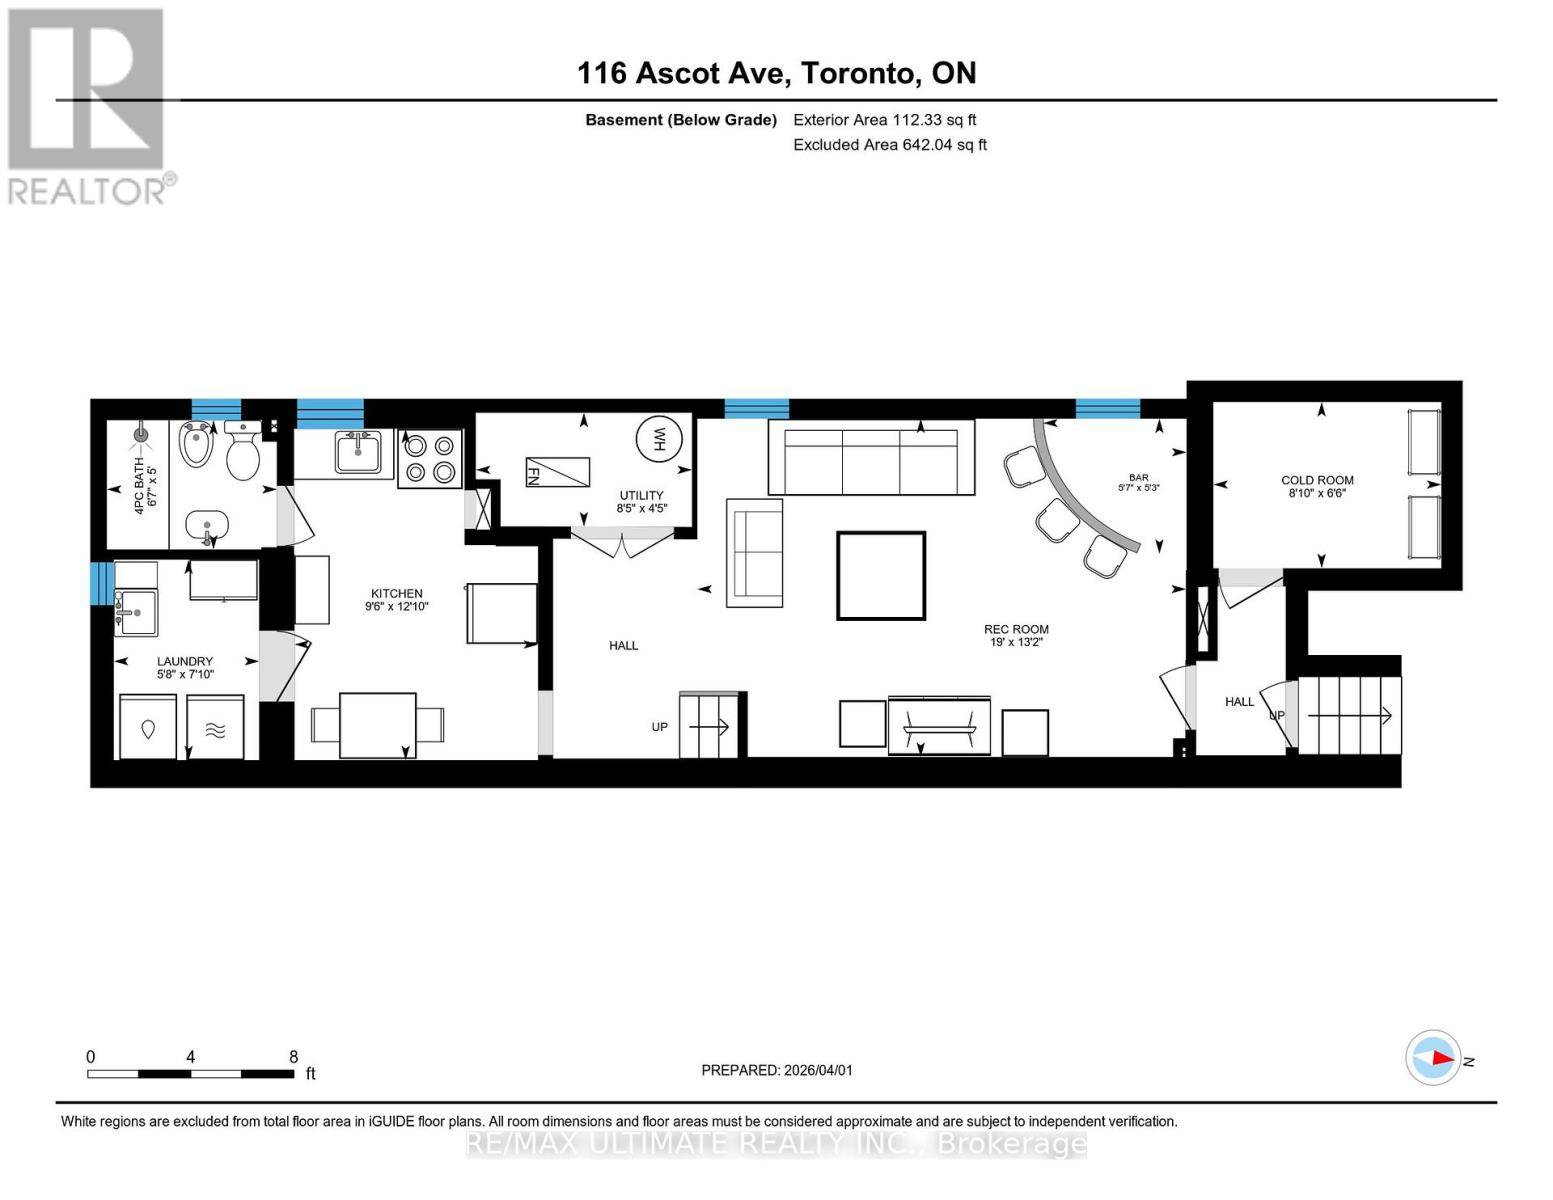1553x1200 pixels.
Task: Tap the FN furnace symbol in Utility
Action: pyautogui.click(x=557, y=471)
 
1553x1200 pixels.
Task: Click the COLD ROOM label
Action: pyautogui.click(x=1317, y=481)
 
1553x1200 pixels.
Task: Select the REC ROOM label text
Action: pyautogui.click(x=1016, y=630)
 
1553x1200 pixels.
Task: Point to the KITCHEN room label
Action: pyautogui.click(x=396, y=594)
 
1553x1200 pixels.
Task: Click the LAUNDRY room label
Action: pyautogui.click(x=185, y=661)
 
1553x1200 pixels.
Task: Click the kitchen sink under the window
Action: pyautogui.click(x=357, y=453)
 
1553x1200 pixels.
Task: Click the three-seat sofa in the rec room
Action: pyautogui.click(x=871, y=458)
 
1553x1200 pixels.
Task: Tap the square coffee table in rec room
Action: pyautogui.click(x=881, y=576)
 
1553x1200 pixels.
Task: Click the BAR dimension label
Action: pyautogui.click(x=1138, y=483)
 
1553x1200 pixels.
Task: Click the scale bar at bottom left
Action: pyautogui.click(x=190, y=1073)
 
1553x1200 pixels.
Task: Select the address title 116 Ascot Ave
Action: pyautogui.click(x=776, y=73)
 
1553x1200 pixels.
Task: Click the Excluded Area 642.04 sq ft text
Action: pyautogui.click(x=889, y=145)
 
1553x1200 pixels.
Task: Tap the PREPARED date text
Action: pyautogui.click(x=776, y=1070)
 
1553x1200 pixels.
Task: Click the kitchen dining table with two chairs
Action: pyautogui.click(x=378, y=725)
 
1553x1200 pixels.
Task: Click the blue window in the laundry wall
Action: pyautogui.click(x=99, y=584)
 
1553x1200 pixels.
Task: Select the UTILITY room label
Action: pyautogui.click(x=641, y=495)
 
